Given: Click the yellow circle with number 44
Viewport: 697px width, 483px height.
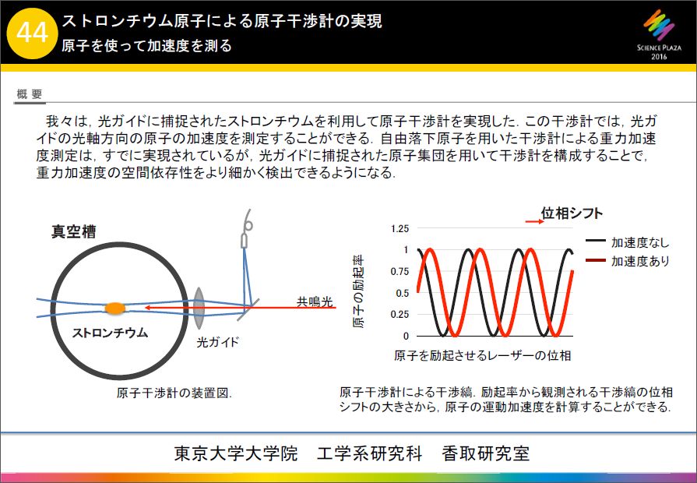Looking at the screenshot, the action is click(x=33, y=33).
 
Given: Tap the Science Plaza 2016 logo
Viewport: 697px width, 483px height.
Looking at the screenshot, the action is click(x=659, y=36).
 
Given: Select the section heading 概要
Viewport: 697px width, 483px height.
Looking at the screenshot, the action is click(x=30, y=93).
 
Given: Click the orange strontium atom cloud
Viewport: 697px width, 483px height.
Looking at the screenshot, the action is click(x=114, y=308).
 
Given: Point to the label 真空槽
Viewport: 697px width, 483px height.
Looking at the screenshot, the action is click(x=73, y=231).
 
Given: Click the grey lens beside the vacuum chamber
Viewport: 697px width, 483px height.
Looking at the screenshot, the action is click(x=199, y=308).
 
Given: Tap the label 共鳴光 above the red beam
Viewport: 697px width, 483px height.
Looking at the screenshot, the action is click(x=315, y=302).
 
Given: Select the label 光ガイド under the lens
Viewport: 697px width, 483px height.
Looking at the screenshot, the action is click(x=218, y=342).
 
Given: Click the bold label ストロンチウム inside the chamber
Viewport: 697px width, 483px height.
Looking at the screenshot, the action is click(x=110, y=333).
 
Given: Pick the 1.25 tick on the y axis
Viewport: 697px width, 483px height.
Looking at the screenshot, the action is click(x=400, y=228).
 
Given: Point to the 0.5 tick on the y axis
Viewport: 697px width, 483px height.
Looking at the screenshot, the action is click(x=403, y=293).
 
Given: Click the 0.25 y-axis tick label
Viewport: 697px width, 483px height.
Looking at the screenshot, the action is click(x=400, y=315).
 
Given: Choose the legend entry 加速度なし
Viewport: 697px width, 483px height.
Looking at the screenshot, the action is click(x=627, y=242).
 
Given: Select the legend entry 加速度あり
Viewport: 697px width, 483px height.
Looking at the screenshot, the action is click(x=627, y=261).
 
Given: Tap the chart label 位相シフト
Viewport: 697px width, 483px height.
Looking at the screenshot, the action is click(x=572, y=213).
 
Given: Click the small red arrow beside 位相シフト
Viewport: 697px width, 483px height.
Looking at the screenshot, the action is click(x=534, y=221).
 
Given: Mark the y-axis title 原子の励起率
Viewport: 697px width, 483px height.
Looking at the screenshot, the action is click(x=358, y=292).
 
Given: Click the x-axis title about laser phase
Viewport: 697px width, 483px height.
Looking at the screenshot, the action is click(x=482, y=355).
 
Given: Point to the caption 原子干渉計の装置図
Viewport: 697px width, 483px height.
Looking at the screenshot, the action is click(x=174, y=393).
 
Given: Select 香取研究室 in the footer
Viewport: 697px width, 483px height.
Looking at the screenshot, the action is click(x=485, y=453).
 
